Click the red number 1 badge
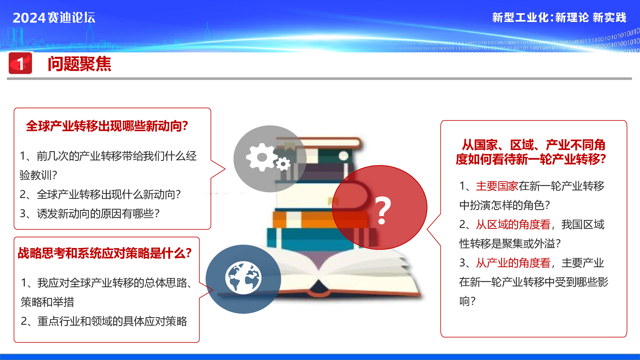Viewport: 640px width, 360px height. tap(20, 63)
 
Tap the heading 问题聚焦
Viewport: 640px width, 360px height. tap(80, 64)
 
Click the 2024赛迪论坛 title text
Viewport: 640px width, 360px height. tap(54, 18)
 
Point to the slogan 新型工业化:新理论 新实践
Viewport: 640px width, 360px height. tap(559, 18)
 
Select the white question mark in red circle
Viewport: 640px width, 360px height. tap(382, 210)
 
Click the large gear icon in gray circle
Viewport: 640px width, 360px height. tap(261, 157)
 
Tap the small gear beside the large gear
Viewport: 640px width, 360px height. tap(283, 164)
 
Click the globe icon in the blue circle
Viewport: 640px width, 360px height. tap(243, 278)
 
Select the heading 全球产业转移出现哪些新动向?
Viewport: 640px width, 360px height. tap(107, 126)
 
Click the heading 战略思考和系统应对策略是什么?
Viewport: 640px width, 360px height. tap(104, 253)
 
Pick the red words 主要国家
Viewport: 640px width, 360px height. tap(497, 186)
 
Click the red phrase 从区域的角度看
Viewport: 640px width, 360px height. tap(513, 224)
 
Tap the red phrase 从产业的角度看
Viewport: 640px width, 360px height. tap(513, 263)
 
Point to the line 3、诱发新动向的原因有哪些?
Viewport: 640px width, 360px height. tap(90, 214)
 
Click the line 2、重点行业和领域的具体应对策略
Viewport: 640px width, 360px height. tap(104, 321)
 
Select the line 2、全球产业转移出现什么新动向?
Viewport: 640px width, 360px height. tap(100, 194)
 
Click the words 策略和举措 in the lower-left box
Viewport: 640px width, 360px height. tap(48, 302)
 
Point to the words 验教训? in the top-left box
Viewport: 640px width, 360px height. tap(38, 175)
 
